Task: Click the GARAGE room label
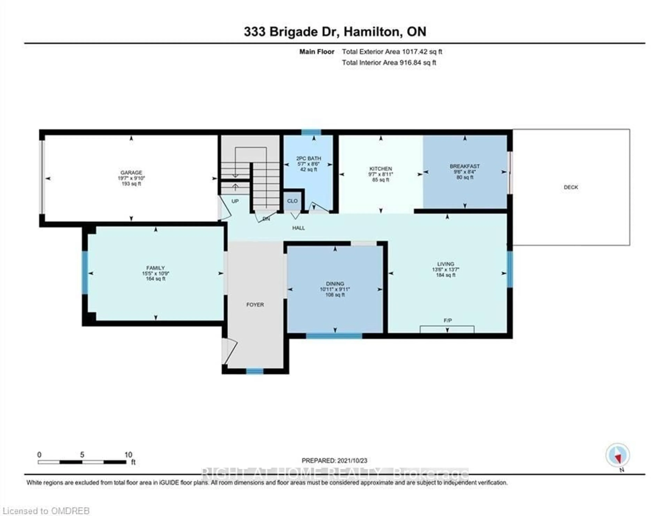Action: point(131,173)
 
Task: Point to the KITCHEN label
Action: point(380,169)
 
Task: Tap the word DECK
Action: point(571,187)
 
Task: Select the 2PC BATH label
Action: point(309,158)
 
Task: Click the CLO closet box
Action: point(292,201)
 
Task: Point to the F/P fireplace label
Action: point(448,320)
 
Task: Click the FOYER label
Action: point(255,304)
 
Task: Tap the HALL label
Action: point(298,228)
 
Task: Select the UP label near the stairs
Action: point(235,201)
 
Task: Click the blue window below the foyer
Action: point(255,371)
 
